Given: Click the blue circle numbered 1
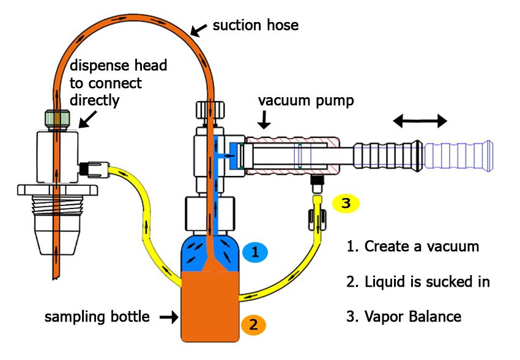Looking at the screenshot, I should point(254,251).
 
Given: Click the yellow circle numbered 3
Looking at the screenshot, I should point(346,204).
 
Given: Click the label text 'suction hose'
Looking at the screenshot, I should point(255,26).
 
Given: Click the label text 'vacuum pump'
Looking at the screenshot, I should point(305,100).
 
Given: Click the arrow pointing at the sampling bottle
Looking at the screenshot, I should point(168,317).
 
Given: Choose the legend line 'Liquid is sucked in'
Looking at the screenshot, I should point(418,282).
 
